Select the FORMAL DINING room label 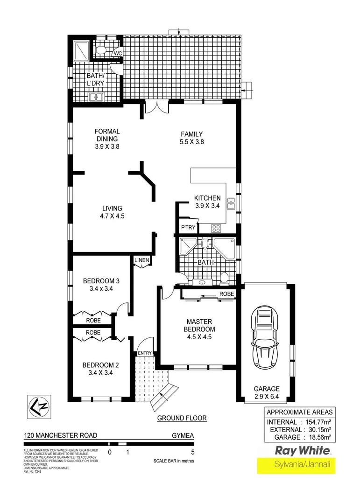[x=107, y=135]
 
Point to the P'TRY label [x=188, y=228]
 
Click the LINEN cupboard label [x=141, y=260]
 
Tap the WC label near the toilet [x=118, y=54]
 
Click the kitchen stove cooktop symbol [x=217, y=228]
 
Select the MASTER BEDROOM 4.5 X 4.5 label [x=199, y=329]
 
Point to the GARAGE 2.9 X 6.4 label [x=267, y=392]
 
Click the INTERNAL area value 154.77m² [x=316, y=421]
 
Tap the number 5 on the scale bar [x=192, y=452]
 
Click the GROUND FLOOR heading [x=182, y=418]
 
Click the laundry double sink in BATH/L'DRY [x=96, y=97]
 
